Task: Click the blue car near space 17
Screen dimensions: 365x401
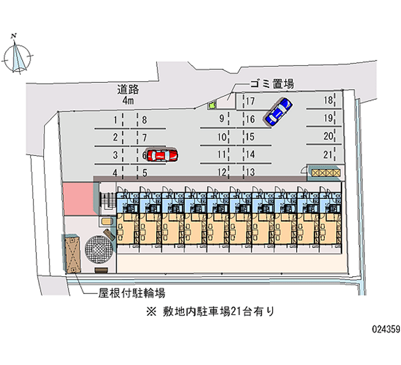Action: click(x=278, y=111)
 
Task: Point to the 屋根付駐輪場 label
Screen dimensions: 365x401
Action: click(x=132, y=293)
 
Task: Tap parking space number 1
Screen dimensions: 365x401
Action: click(x=115, y=119)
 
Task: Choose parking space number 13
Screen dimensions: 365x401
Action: click(x=250, y=173)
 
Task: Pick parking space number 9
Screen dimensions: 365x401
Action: click(x=221, y=119)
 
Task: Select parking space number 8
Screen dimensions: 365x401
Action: click(x=144, y=119)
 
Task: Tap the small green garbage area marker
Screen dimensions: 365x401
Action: click(x=212, y=105)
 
